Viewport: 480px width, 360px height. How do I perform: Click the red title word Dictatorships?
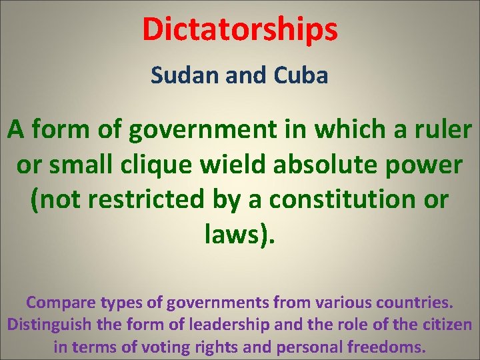point(240,29)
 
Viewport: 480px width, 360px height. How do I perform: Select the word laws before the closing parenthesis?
point(233,234)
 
